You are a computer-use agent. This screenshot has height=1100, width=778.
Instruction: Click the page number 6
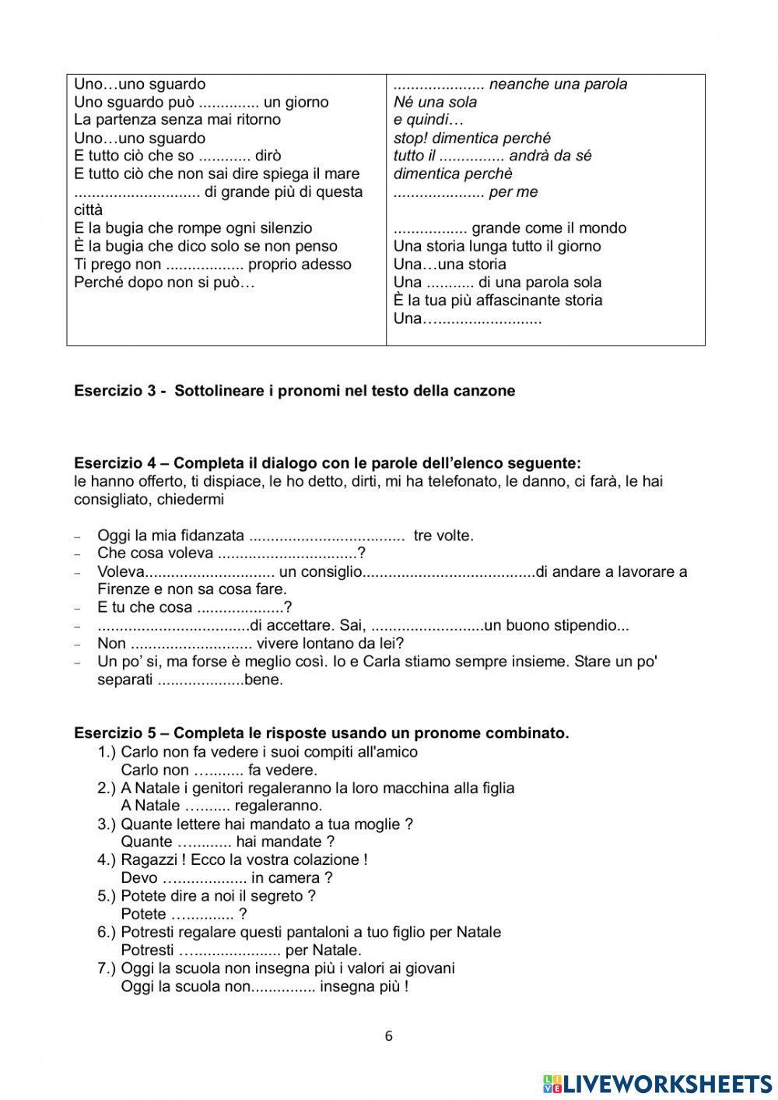click(x=389, y=1036)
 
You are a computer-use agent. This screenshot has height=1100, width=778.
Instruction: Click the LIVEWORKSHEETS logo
click(x=657, y=1083)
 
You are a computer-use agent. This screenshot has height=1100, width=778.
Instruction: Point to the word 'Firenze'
click(x=123, y=589)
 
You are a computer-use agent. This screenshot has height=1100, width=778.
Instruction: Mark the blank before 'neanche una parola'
click(x=439, y=84)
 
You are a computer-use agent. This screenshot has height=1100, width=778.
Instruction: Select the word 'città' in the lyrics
click(x=88, y=210)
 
